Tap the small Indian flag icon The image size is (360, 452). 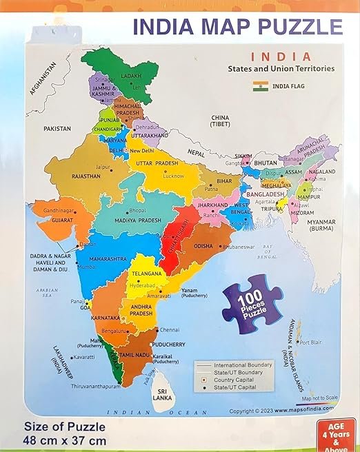click(x=260, y=87)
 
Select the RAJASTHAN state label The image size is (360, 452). click(x=86, y=176)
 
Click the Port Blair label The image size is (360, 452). click(x=312, y=342)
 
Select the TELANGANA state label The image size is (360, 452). click(x=146, y=274)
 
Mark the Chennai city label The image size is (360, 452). click(x=172, y=329)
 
